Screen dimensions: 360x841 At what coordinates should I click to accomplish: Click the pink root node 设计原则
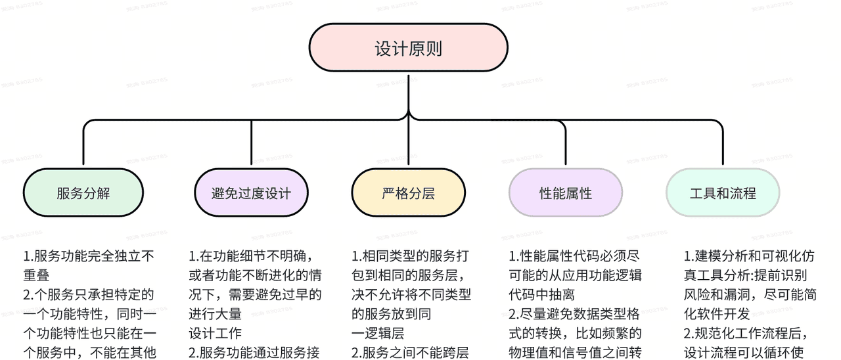408,48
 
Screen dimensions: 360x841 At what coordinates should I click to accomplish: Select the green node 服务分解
83,193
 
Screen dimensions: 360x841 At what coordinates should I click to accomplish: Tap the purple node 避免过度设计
251,193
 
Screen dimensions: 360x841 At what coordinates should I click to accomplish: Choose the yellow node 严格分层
408,193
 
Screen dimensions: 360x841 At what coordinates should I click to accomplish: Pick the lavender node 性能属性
566,193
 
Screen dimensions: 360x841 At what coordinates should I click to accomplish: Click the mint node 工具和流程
723,193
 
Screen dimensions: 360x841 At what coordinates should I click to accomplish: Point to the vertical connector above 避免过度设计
251,145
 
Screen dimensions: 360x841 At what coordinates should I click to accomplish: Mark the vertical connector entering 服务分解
83,145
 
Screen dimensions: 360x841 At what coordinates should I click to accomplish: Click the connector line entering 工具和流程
723,145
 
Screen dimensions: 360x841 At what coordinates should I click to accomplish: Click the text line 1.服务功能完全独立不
89,256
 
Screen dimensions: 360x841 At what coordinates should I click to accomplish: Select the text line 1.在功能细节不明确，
250,256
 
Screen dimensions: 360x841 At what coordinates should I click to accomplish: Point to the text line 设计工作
216,333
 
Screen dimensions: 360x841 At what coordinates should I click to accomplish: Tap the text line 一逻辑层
378,333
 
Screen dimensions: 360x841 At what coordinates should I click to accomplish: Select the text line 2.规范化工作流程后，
746,333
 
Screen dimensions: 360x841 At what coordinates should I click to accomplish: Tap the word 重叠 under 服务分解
37,275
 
